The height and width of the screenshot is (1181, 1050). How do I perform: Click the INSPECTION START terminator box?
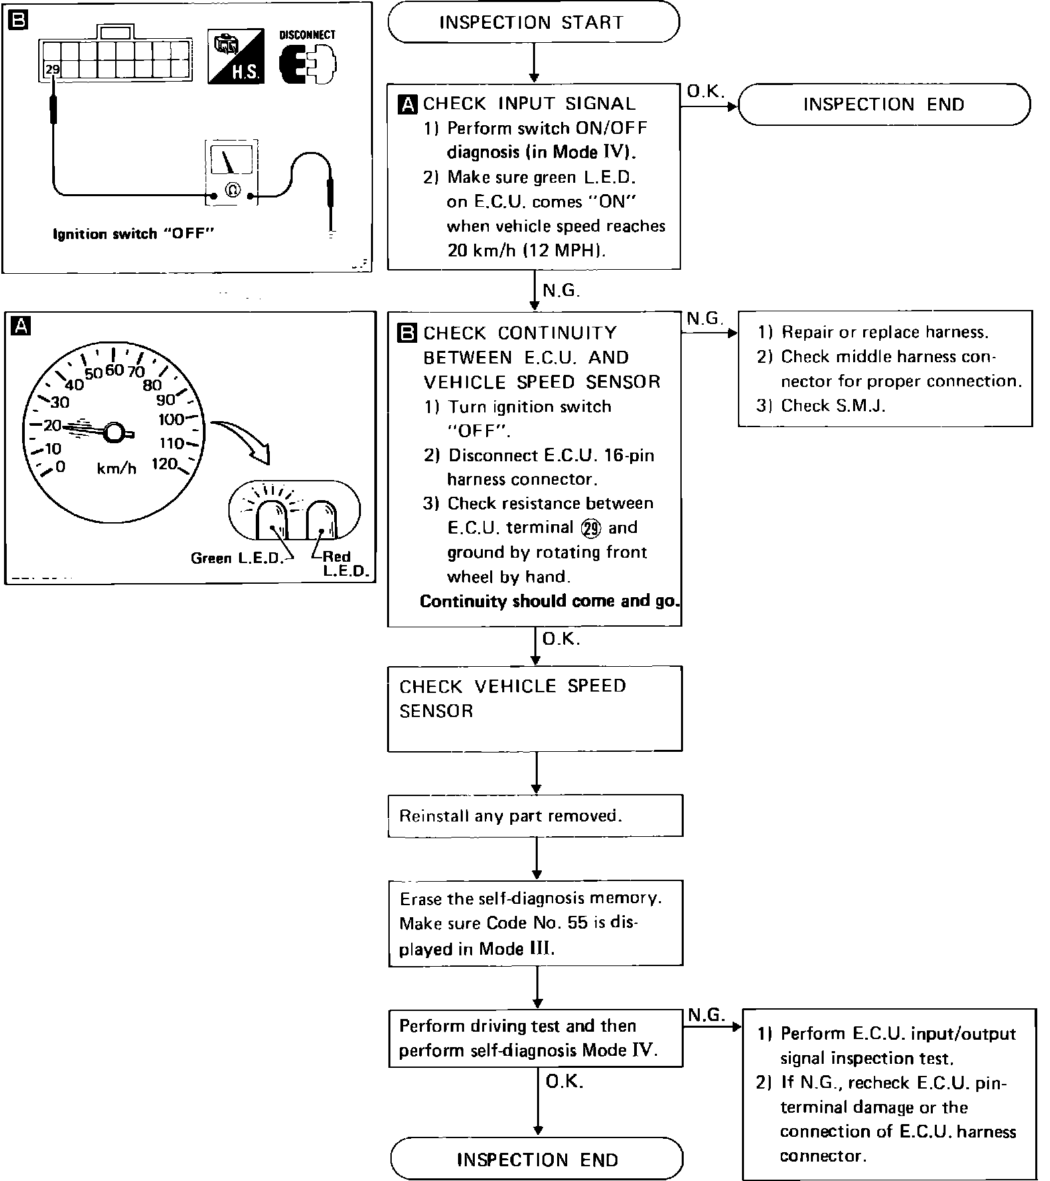click(x=533, y=23)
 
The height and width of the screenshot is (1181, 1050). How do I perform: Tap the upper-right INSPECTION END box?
click(x=883, y=104)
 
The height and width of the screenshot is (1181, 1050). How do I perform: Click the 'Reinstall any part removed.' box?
click(x=535, y=815)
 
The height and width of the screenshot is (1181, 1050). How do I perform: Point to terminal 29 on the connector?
click(x=51, y=69)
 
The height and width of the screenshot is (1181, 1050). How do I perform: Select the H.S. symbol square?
click(x=235, y=57)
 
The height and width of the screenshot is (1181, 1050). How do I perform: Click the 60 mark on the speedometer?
click(x=115, y=370)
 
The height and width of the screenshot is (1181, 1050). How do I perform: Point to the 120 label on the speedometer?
click(x=164, y=463)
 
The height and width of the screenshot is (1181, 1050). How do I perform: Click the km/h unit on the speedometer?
click(x=117, y=469)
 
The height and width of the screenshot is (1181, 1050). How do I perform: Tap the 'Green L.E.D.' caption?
click(x=237, y=558)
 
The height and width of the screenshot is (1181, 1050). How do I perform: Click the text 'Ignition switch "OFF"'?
click(x=133, y=234)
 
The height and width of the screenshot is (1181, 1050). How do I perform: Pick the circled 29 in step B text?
click(x=591, y=528)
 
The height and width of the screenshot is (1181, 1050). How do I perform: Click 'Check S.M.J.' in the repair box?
click(x=832, y=406)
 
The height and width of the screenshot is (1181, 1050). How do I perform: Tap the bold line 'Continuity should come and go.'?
click(x=549, y=601)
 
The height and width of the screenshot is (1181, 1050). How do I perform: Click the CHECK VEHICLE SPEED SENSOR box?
click(x=534, y=708)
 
